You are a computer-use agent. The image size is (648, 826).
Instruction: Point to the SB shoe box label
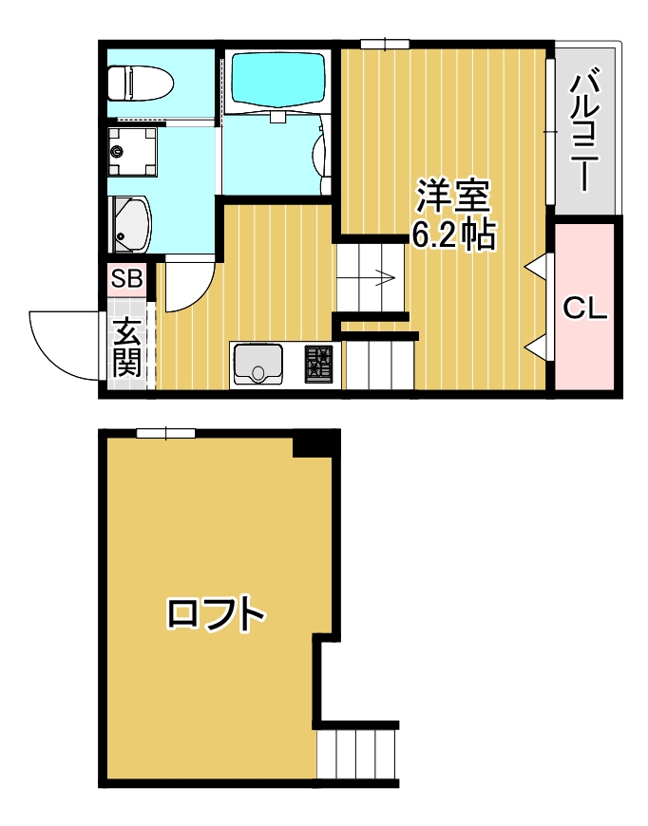click(126, 279)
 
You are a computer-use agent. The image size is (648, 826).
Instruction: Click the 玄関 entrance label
click(127, 347)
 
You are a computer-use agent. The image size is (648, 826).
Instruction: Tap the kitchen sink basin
click(257, 365)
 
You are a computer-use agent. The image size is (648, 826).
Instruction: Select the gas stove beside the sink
click(319, 365)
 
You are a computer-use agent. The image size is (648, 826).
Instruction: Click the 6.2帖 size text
click(453, 234)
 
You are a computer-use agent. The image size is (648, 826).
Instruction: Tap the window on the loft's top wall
click(165, 434)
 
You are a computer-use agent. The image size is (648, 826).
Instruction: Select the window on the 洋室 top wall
click(385, 44)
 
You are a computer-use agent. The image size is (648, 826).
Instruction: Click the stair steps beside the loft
click(357, 754)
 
